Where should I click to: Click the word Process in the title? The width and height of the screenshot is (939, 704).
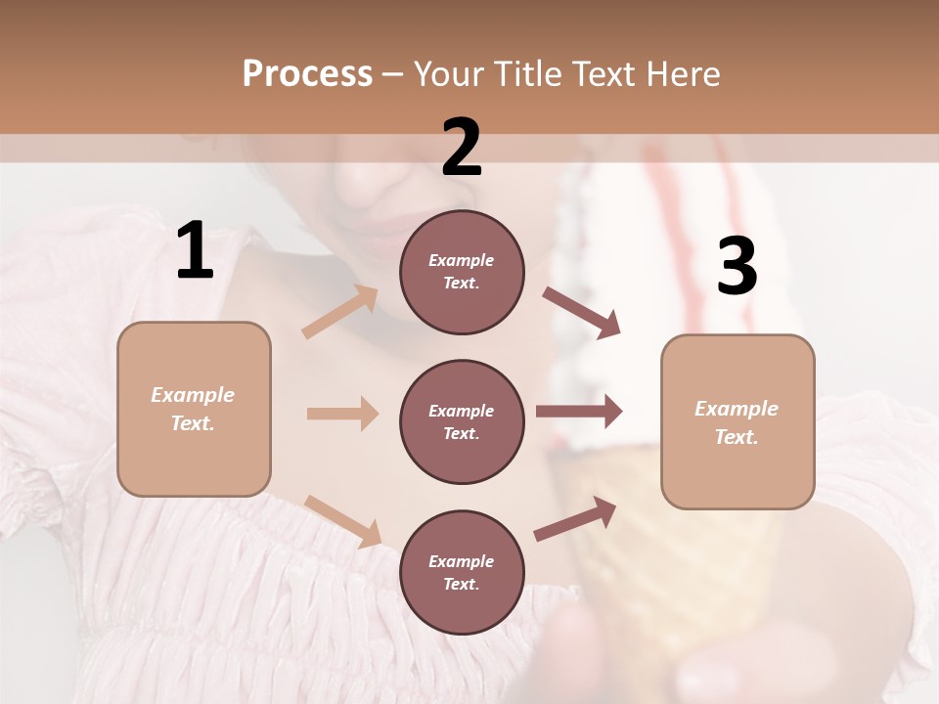307,74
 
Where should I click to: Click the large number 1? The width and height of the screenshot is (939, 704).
195,251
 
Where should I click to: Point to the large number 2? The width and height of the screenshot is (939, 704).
462,148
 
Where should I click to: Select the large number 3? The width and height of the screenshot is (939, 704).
737,267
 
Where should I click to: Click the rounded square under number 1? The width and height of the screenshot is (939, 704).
194,409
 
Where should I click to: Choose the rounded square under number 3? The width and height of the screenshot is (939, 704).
738,421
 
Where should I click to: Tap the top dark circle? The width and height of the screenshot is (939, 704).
462,272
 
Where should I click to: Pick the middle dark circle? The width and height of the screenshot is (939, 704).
462,421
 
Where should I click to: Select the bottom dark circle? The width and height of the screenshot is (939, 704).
462,572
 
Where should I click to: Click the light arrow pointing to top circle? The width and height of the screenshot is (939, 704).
340,312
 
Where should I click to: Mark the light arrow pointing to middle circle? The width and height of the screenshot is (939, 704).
342,414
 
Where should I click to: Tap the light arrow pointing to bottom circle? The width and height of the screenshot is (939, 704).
342,520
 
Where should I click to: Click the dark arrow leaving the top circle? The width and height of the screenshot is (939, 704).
581,313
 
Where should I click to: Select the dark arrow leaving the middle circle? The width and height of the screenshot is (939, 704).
579,412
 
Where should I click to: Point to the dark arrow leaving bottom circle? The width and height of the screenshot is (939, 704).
575,518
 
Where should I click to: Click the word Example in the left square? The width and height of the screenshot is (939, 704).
193,395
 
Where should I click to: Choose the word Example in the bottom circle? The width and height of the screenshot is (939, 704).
461,561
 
